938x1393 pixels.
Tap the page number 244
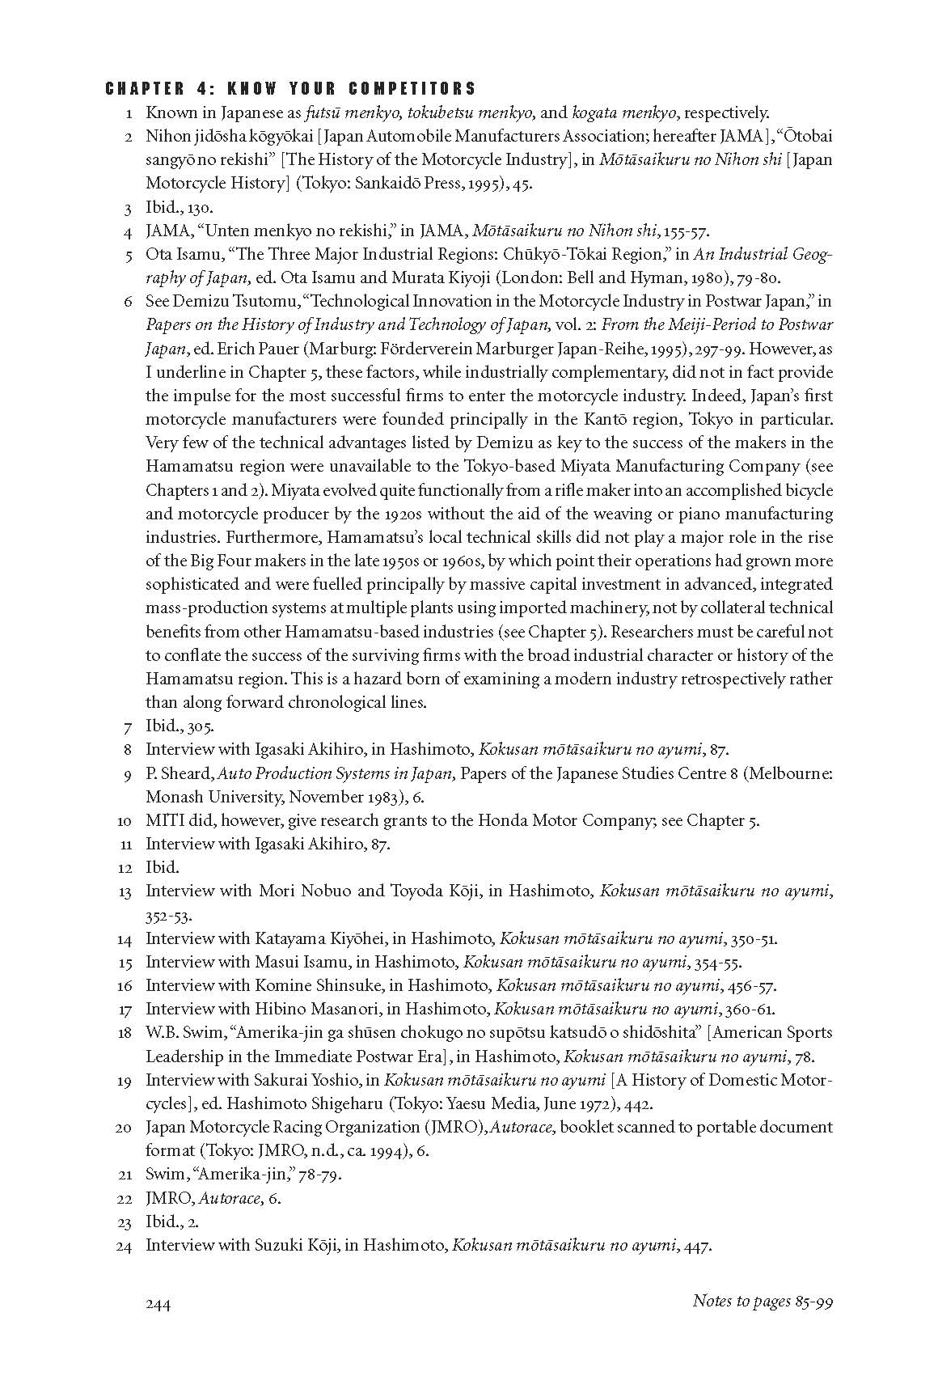click(x=158, y=1303)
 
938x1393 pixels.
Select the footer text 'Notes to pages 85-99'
click(x=763, y=1301)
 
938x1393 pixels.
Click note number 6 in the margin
click(x=127, y=303)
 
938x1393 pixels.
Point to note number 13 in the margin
click(x=124, y=892)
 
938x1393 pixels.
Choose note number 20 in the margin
click(x=124, y=1128)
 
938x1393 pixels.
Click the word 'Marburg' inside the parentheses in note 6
click(x=338, y=349)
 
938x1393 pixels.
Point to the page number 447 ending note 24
click(x=697, y=1246)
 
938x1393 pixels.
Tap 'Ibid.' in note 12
click(x=162, y=867)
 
